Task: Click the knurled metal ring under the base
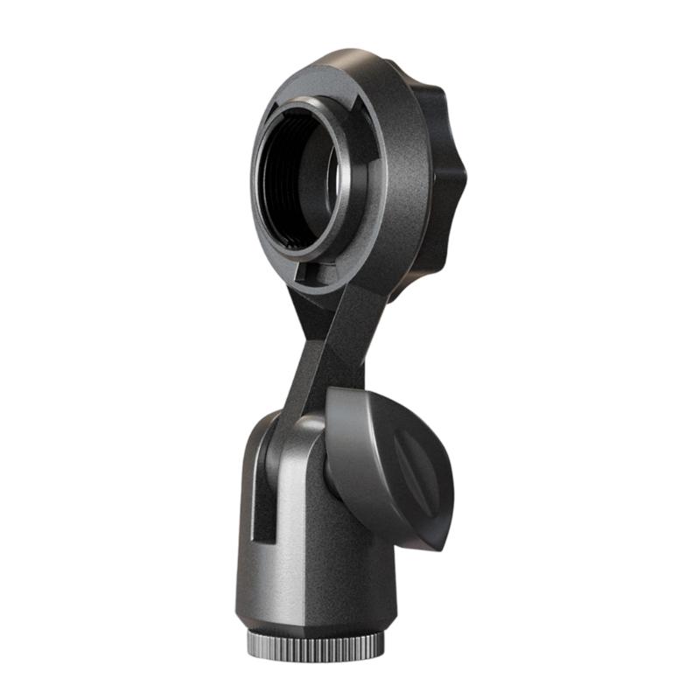click(x=315, y=645)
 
